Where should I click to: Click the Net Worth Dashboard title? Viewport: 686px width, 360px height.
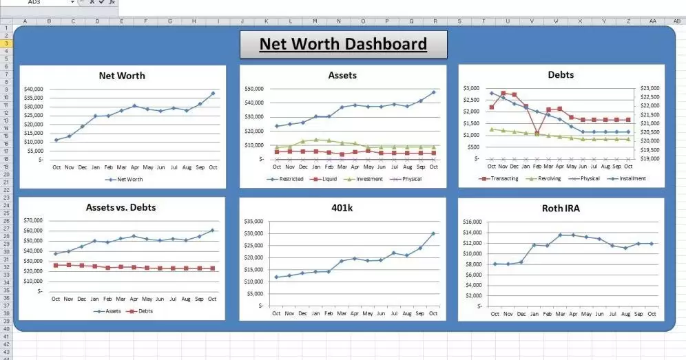pos(343,45)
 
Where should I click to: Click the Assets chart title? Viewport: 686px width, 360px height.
pos(342,75)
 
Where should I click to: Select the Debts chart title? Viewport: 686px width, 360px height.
pos(561,74)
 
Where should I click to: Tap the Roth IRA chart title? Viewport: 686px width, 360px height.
pos(561,208)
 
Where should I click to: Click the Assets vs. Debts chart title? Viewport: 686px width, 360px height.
pos(122,207)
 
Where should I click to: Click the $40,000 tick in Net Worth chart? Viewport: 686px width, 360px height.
pos(33,89)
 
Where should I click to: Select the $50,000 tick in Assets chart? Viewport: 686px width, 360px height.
pos(254,89)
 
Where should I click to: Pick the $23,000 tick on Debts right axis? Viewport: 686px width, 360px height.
pos(649,89)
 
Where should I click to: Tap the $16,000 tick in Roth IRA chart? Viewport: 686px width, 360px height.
pos(472,222)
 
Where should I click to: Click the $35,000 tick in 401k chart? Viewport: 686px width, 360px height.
pos(254,222)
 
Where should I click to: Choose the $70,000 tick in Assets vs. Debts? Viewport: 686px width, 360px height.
pos(33,220)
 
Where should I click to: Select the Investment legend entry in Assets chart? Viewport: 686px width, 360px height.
pos(366,179)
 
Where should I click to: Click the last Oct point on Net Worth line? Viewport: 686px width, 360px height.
pos(213,93)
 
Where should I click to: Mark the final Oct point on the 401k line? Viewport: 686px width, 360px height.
pos(433,233)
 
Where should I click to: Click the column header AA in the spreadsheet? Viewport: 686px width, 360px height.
pos(652,21)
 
